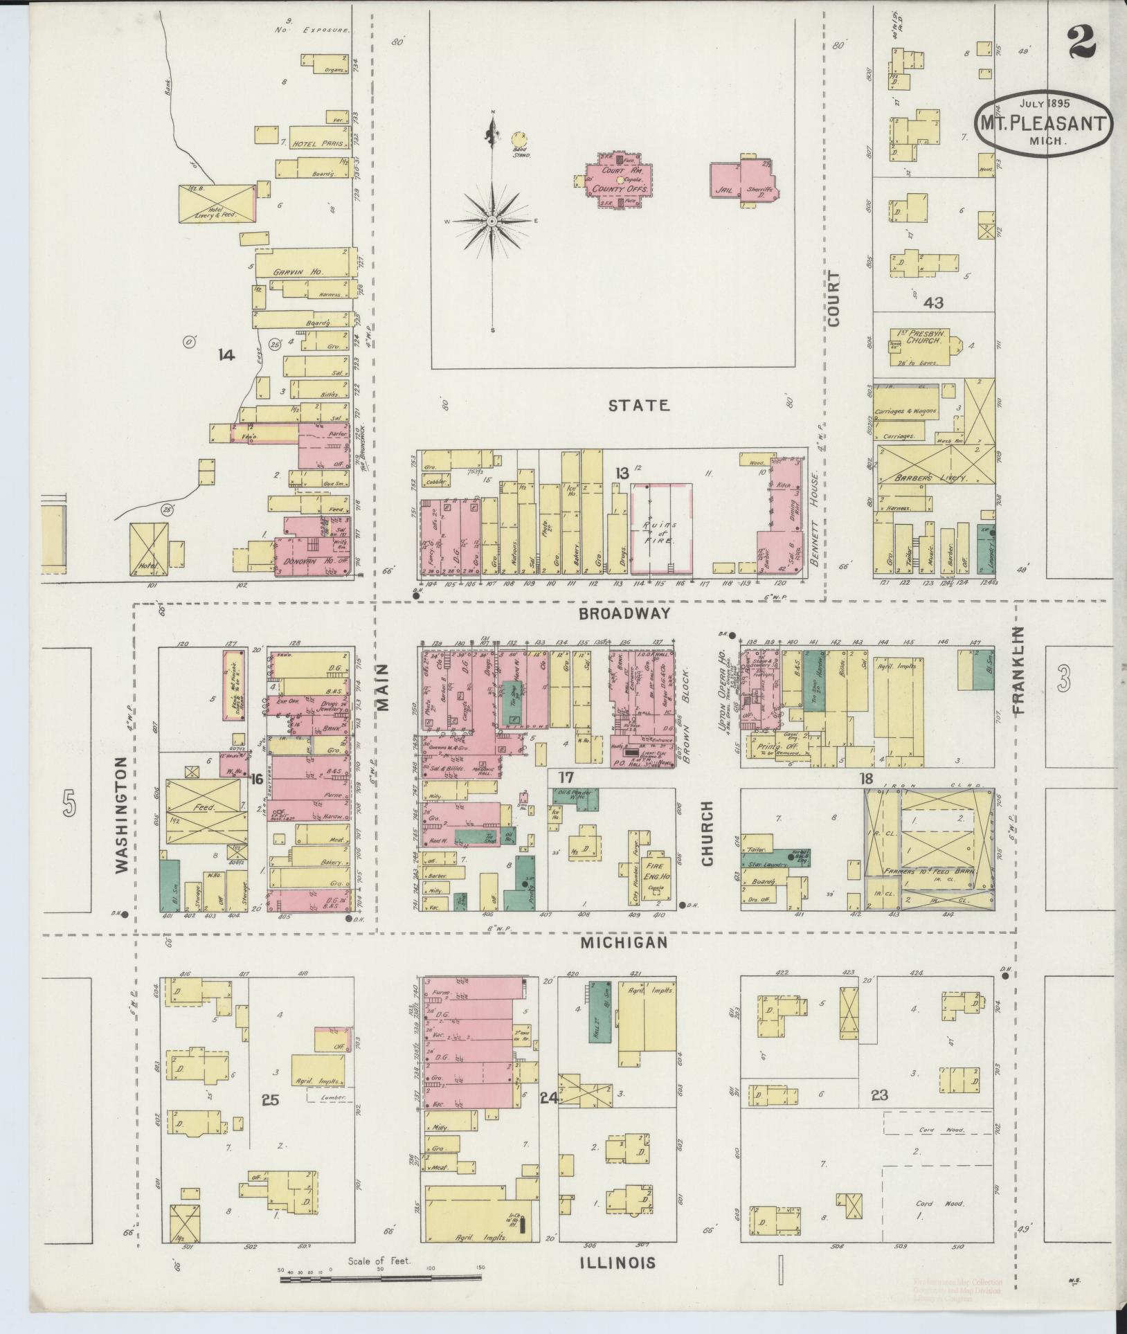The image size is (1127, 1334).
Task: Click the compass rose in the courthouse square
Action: pos(492,221)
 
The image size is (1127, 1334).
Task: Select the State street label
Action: pos(638,406)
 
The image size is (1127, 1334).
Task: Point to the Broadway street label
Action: pos(625,613)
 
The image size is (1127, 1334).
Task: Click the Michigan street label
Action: pos(624,943)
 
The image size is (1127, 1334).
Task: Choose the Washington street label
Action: pos(122,814)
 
